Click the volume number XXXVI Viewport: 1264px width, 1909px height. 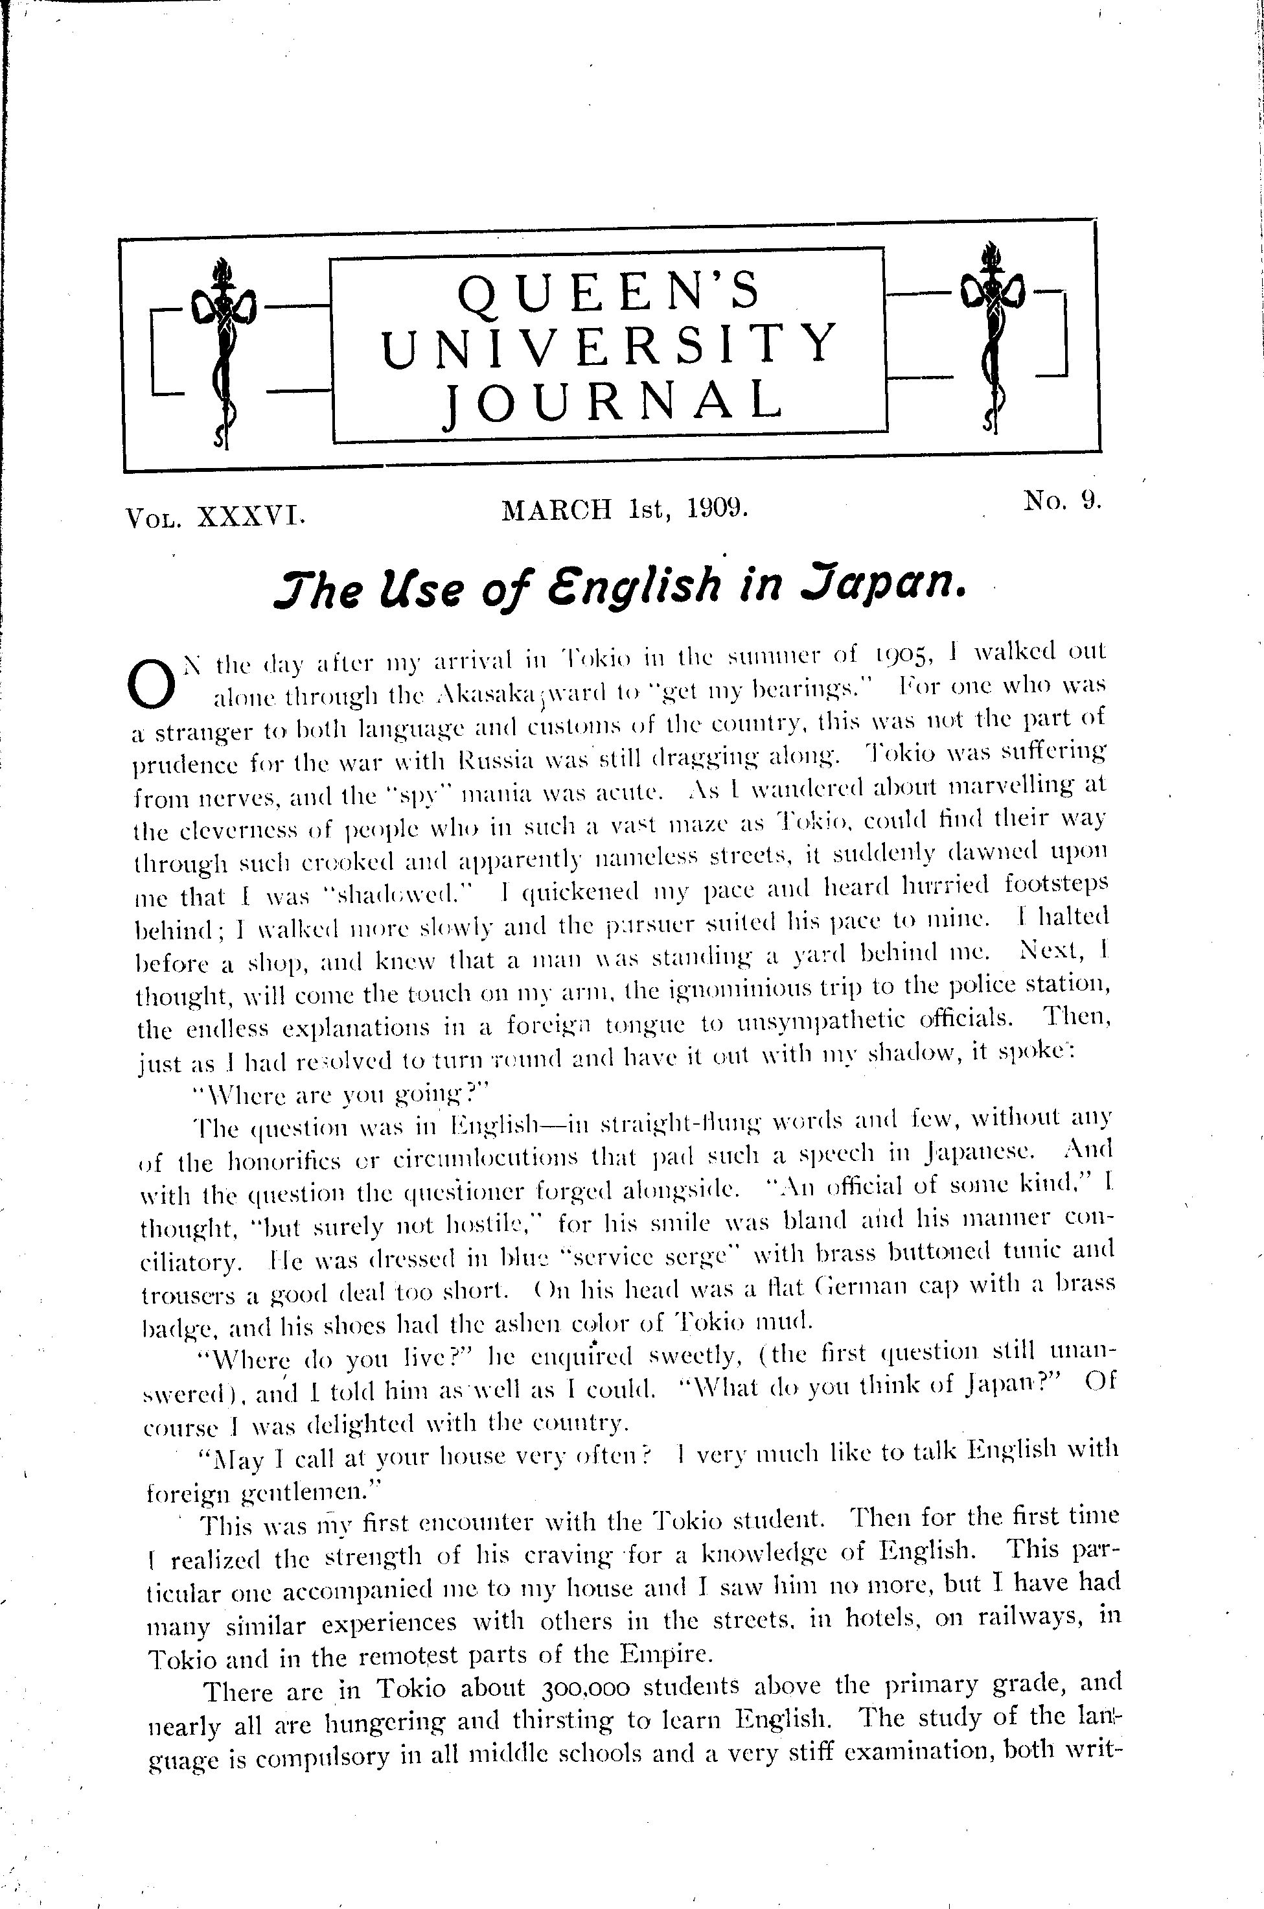[250, 515]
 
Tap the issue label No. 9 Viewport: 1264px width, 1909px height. [1062, 502]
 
